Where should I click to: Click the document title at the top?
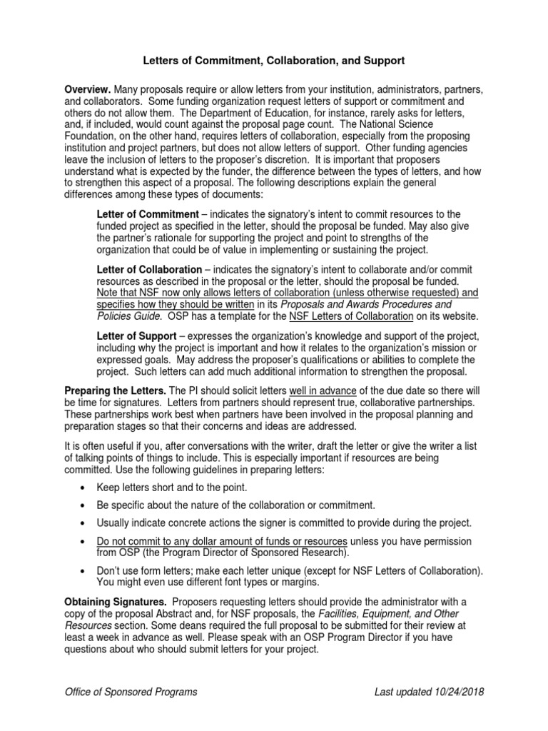coord(274,63)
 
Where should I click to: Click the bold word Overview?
coord(87,89)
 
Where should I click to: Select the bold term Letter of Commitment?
coord(148,214)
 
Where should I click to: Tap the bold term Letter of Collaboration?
coord(149,270)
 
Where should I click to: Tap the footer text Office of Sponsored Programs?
coord(131,692)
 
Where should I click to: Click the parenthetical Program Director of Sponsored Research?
coord(223,553)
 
